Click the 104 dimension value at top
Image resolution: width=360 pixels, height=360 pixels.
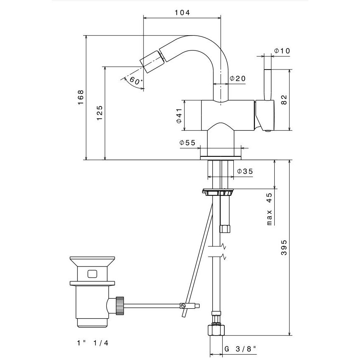(x=182, y=12)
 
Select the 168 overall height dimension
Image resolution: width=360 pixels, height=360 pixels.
(x=81, y=97)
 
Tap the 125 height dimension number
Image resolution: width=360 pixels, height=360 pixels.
(x=99, y=113)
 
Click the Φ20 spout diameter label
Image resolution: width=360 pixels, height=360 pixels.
(x=238, y=79)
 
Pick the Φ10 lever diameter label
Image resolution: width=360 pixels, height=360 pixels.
(x=282, y=50)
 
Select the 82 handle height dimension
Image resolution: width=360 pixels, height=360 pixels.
(x=284, y=100)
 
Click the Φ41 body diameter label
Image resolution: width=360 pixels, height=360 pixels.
(x=179, y=115)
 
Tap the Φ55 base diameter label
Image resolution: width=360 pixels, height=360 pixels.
(x=187, y=143)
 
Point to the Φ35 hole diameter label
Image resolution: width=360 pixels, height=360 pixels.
(x=245, y=171)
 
